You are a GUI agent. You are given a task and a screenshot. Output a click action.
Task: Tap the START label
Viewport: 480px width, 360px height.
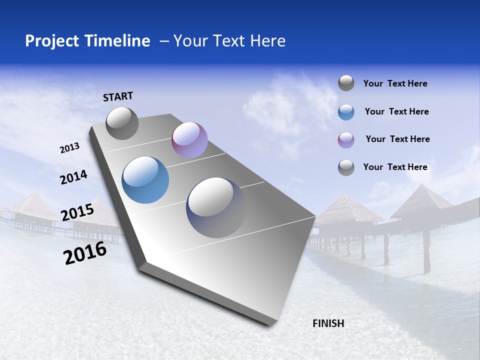118,96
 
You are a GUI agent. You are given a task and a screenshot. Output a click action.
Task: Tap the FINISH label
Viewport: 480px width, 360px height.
328,323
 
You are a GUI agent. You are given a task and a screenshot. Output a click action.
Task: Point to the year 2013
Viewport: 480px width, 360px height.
70,148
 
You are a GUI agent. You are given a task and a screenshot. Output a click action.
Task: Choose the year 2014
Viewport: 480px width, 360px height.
73,177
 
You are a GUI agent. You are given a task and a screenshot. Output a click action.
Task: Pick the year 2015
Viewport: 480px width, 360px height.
77,212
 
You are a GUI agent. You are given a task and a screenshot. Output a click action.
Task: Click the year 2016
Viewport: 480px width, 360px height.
85,253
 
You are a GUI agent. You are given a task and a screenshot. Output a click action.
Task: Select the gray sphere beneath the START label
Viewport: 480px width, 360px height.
122,123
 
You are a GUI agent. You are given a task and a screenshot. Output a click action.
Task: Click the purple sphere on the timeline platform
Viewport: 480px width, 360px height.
189,140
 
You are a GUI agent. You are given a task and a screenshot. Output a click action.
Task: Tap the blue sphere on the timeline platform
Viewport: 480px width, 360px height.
145,180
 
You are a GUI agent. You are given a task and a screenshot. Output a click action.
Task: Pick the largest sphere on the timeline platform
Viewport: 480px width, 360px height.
215,207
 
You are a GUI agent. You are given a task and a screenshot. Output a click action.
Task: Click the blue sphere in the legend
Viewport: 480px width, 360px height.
346,112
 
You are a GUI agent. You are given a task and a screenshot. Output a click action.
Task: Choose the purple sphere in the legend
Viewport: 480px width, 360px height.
346,140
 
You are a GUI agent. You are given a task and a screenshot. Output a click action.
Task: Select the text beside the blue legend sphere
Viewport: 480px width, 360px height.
396,111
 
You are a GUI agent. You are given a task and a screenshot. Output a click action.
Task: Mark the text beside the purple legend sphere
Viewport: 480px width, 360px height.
397,139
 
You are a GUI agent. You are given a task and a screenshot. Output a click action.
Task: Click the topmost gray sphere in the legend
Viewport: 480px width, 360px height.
346,83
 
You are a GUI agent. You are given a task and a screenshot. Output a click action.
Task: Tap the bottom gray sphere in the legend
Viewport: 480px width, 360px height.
346,167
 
